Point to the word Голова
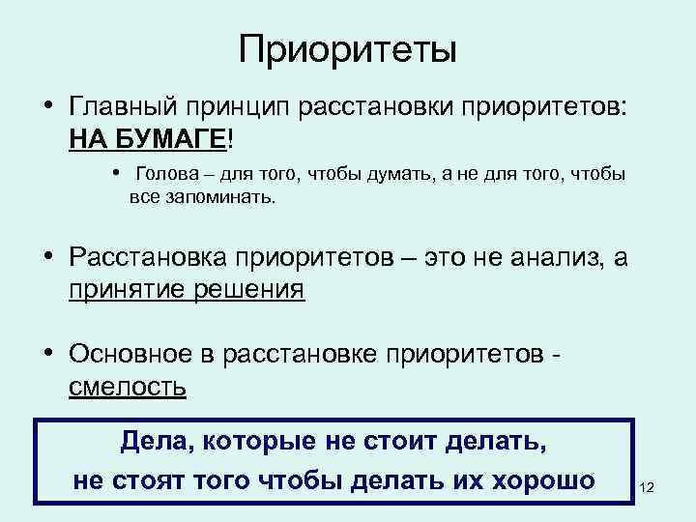tap(167, 175)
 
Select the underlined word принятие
tap(130, 290)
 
